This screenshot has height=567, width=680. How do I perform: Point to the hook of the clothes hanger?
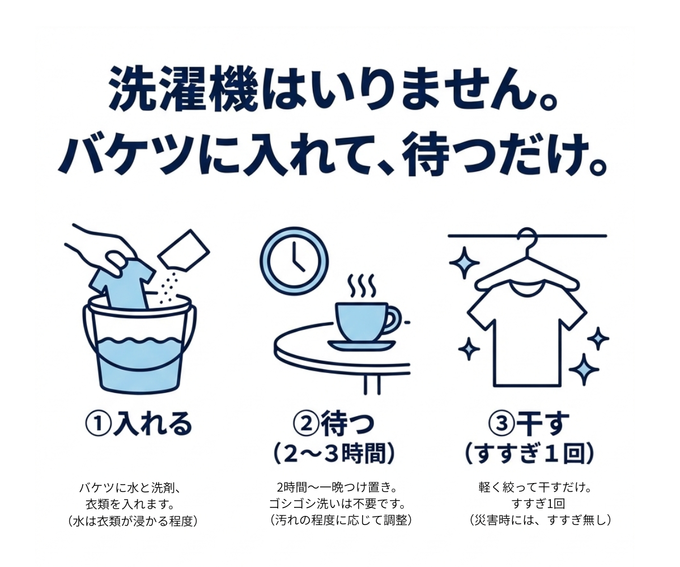click(x=528, y=238)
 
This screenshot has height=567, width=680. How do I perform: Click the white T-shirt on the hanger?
click(x=528, y=335)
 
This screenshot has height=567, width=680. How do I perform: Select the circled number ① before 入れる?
click(x=98, y=424)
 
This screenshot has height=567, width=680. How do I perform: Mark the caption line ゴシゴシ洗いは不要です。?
click(x=338, y=503)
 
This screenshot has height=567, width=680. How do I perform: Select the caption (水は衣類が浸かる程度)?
click(x=133, y=521)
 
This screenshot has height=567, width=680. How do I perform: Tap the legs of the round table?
click(x=372, y=385)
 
